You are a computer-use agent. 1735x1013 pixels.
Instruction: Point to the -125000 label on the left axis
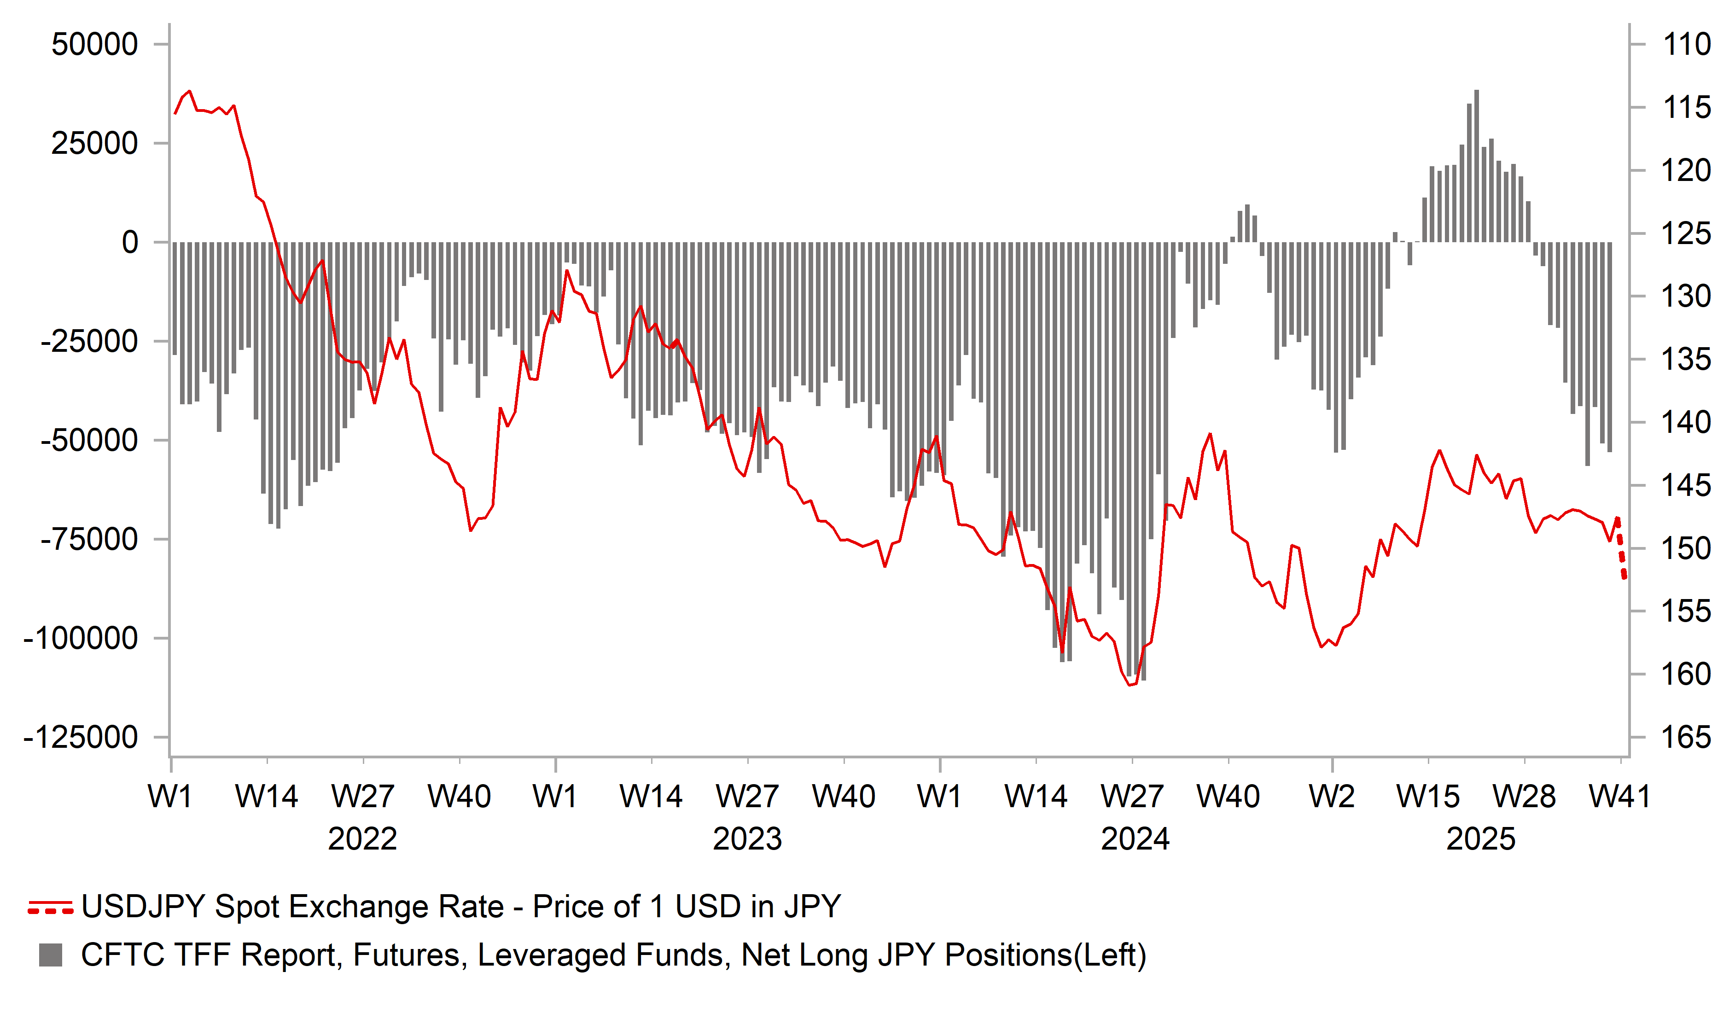tap(81, 738)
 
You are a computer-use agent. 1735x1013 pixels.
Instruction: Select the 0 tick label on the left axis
tap(129, 242)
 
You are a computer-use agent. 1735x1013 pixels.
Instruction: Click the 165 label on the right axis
tap(1686, 738)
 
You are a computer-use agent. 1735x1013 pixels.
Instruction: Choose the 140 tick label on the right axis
tap(1686, 422)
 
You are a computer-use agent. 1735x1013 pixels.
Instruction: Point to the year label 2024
tap(1135, 839)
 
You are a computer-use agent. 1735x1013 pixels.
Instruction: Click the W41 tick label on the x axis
tap(1619, 797)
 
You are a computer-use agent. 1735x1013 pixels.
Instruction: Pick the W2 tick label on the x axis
tap(1332, 797)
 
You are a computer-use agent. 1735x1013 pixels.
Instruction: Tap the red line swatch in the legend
tap(50, 907)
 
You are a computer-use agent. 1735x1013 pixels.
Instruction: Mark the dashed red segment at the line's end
tap(1621, 551)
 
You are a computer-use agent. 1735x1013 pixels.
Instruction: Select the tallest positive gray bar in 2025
tap(1476, 165)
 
